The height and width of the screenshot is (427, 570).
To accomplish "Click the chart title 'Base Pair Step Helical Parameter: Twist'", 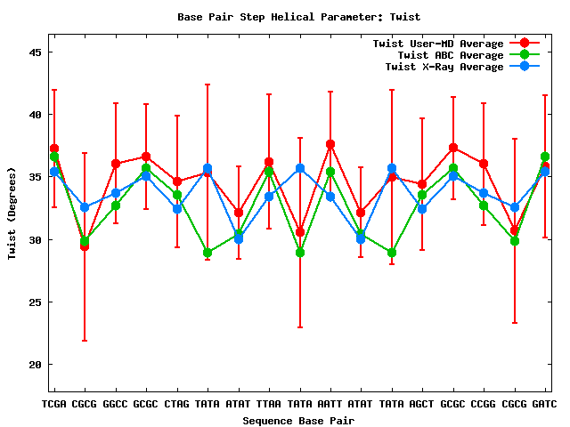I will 299,17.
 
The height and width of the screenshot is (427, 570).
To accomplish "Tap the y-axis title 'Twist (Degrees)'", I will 12,214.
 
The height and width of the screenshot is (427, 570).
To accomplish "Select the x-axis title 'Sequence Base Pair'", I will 299,420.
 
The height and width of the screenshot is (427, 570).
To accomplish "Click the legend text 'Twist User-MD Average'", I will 437,44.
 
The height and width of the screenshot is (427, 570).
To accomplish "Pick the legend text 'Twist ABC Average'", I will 450,55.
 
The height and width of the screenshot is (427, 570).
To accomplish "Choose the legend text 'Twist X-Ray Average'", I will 444,67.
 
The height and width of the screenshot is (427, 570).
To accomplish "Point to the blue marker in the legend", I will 525,67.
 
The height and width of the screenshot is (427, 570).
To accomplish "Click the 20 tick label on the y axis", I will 36,365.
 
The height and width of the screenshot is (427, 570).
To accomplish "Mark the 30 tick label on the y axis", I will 36,240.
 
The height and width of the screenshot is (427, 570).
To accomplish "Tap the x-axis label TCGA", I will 54,405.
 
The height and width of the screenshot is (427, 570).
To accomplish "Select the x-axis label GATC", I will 544,405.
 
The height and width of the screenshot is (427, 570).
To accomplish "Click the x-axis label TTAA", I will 269,405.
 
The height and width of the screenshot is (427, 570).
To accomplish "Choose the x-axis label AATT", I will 330,405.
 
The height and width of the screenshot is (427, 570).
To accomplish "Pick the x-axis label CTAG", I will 177,405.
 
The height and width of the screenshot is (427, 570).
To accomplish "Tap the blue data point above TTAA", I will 269,197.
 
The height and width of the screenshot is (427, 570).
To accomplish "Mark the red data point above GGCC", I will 116,164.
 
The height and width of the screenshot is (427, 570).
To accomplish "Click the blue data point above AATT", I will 330,197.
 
